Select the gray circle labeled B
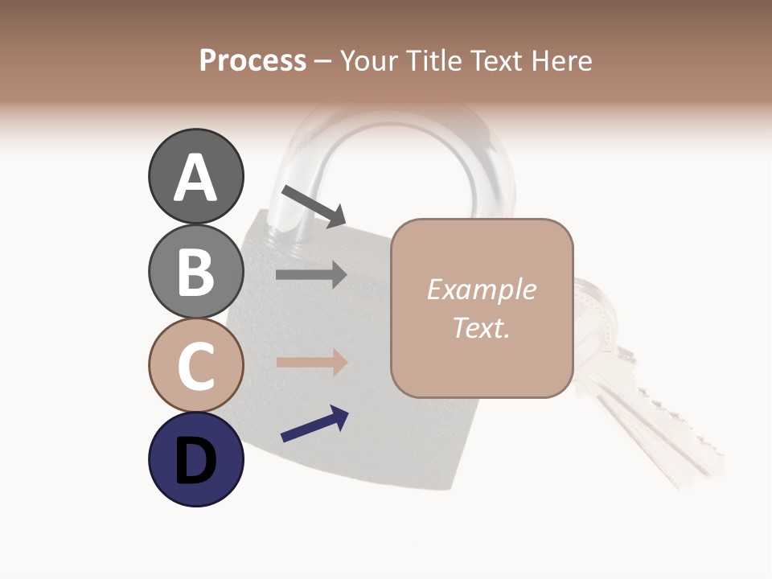point(195,272)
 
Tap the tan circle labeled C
point(195,366)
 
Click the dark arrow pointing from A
point(313,205)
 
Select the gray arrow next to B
point(311,275)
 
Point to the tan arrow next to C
point(311,362)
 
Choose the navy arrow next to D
point(314,424)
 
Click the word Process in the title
point(253,60)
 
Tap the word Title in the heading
point(433,60)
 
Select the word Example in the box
point(481,289)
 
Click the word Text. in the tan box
point(481,327)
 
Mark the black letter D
point(195,461)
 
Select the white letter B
point(195,272)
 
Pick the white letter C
point(195,366)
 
